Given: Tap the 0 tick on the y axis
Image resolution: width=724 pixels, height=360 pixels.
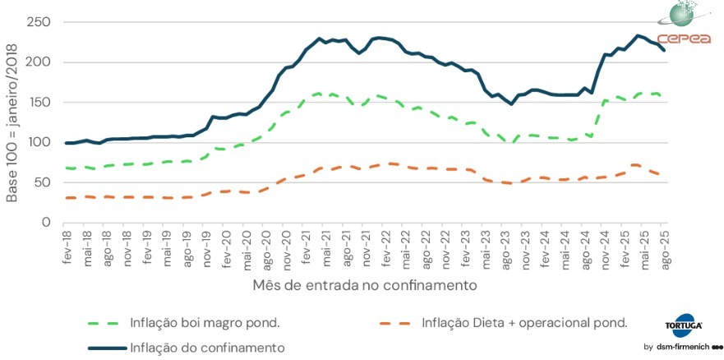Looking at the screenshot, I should pos(46,223).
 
